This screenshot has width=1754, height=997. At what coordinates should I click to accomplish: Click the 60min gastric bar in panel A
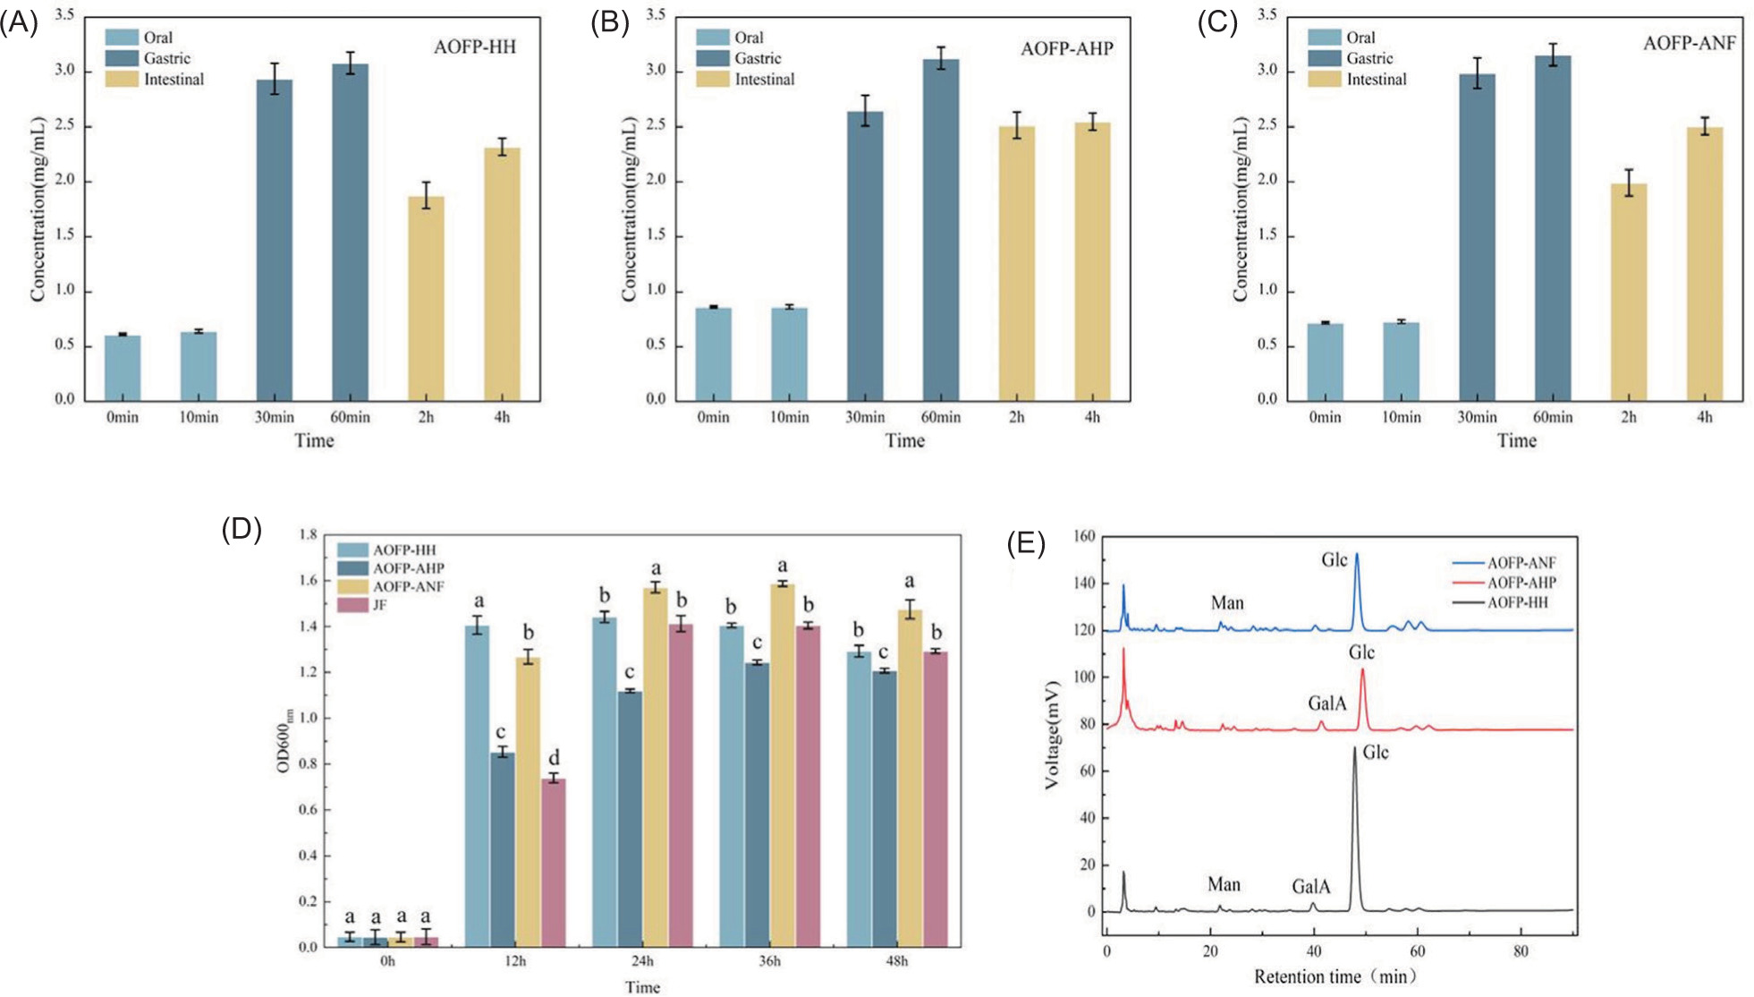tap(350, 233)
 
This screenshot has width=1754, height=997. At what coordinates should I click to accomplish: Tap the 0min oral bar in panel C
tap(1325, 362)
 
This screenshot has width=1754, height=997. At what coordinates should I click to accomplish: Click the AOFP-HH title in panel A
tap(475, 47)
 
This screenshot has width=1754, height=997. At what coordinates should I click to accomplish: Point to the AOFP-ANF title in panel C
tap(1689, 44)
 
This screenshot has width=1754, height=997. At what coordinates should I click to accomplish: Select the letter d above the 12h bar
tap(554, 758)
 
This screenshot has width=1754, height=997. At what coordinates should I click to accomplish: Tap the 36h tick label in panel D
tap(769, 961)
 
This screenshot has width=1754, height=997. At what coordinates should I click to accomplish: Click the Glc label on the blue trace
tap(1334, 560)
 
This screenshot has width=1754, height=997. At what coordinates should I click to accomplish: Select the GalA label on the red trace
tap(1326, 703)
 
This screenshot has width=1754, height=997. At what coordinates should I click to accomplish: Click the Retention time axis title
tap(1335, 976)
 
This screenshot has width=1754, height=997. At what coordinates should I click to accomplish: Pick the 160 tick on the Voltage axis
tap(1084, 536)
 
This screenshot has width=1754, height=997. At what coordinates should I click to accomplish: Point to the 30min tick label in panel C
tap(1477, 417)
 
